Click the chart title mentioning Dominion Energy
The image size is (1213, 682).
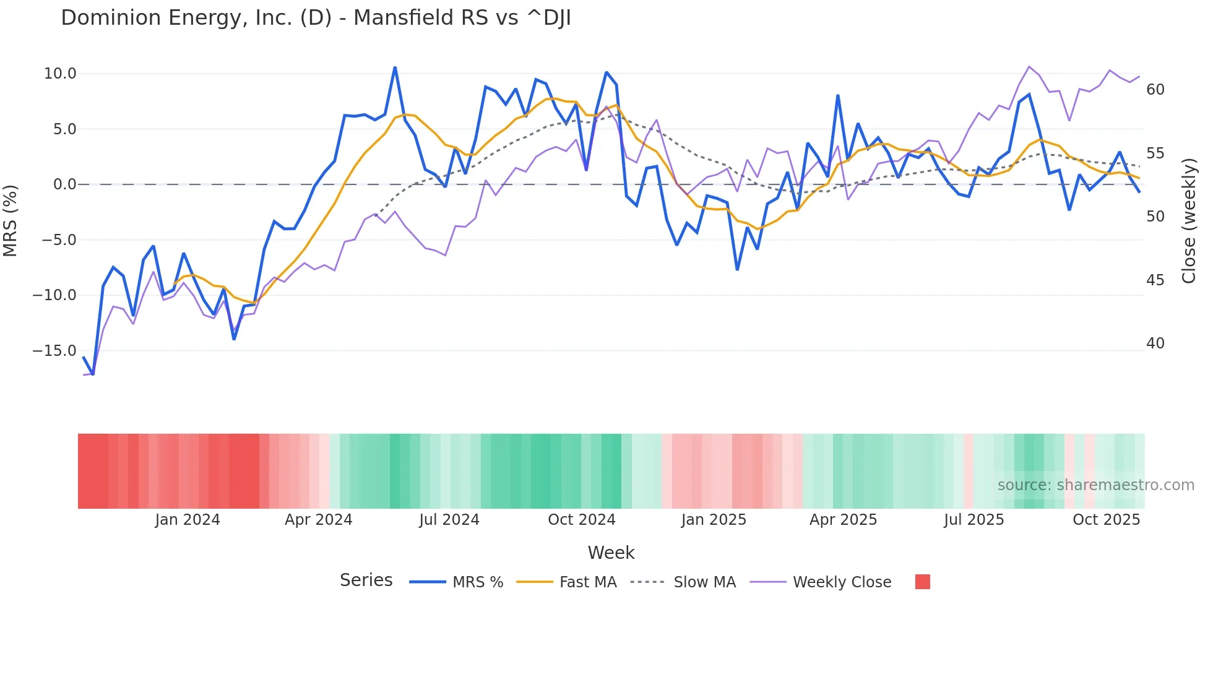316,18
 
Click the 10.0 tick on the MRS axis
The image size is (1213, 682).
60,74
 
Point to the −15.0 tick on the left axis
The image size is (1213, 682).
54,351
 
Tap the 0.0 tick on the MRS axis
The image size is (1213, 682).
64,184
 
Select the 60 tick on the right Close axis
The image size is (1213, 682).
1155,90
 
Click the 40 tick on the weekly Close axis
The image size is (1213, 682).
1155,343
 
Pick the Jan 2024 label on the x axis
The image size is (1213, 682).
188,520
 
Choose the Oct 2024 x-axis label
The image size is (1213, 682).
582,520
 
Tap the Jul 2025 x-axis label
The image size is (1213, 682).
973,520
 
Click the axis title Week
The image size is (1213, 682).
611,553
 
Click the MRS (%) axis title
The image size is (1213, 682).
11,221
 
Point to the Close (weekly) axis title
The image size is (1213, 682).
1188,221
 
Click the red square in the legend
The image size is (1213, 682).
922,582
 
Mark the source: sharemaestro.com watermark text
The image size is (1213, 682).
1095,485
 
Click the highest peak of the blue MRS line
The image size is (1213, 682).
395,67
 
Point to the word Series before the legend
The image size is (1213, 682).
366,581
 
